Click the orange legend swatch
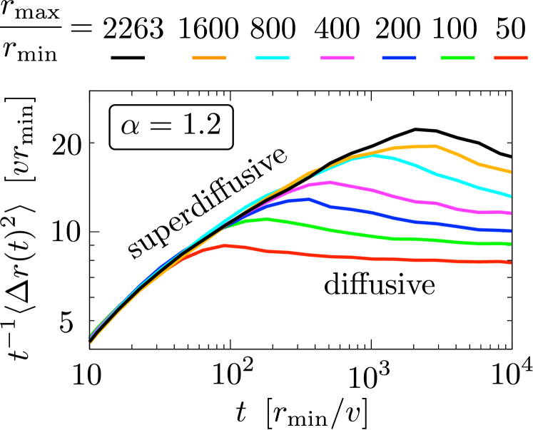(209, 58)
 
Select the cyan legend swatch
(273, 58)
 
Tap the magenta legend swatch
(337, 58)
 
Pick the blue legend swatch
(399, 58)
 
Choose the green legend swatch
(457, 58)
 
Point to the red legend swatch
(511, 58)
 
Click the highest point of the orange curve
(435, 145)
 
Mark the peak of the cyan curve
(375, 155)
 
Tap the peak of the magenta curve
(330, 183)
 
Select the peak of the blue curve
(308, 200)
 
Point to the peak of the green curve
(266, 219)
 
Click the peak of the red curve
(225, 245)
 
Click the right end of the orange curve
(510, 172)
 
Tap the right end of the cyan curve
(510, 196)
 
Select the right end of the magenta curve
(510, 213)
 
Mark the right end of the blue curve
(510, 231)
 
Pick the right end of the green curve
(510, 244)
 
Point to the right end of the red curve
(510, 262)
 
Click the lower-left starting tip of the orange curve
(91, 343)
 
